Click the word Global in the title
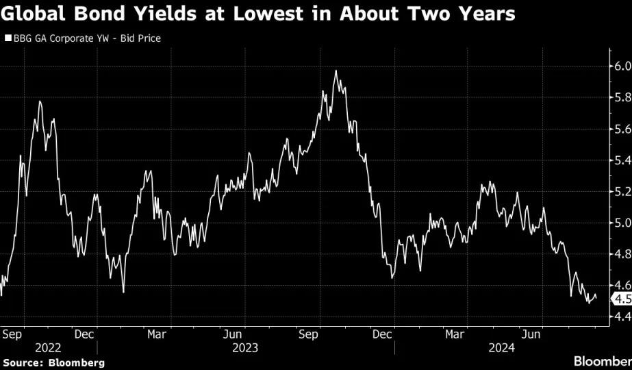coord(33,14)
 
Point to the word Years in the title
coord(488,14)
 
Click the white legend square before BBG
coord(8,38)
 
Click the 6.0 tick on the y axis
coord(622,66)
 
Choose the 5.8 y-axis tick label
coord(622,97)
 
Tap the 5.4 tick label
coord(622,160)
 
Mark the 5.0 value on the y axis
coord(622,223)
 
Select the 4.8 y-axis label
coord(622,254)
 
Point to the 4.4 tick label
coord(622,317)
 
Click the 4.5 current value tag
coord(622,299)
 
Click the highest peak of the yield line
coord(336,71)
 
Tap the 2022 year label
coord(48,348)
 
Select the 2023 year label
coord(245,348)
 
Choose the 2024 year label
coord(502,348)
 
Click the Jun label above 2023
coord(233,334)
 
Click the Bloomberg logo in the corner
coord(603,360)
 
